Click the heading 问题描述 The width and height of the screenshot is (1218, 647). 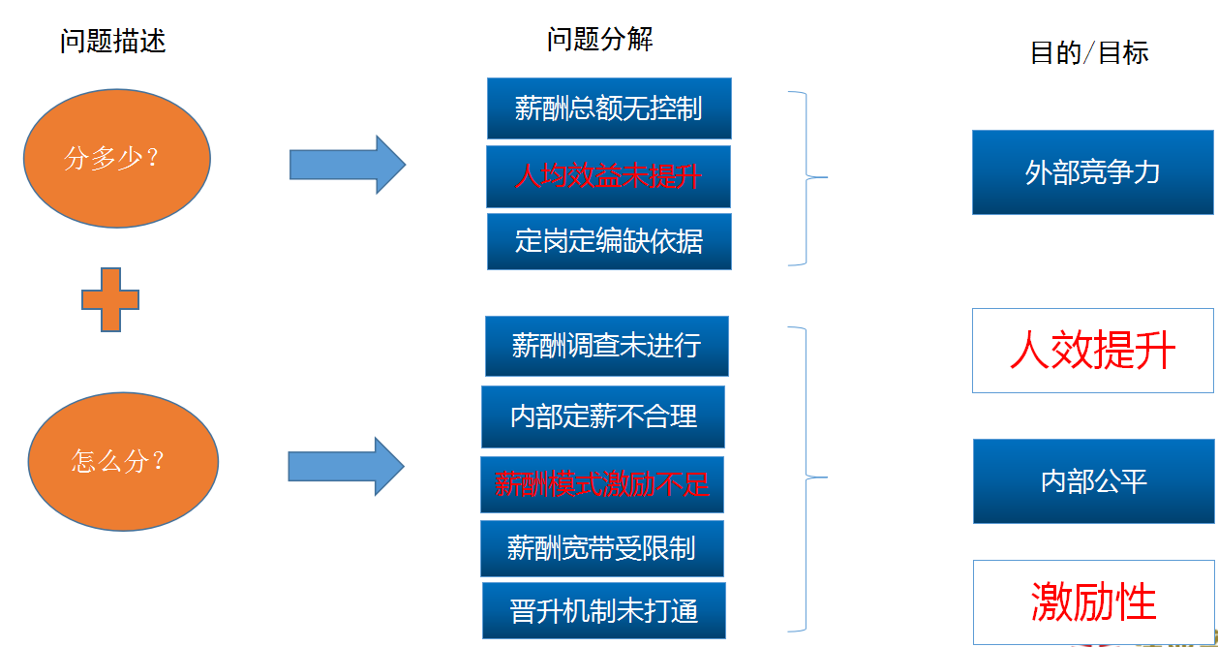(x=113, y=41)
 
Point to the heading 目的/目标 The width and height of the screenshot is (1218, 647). (x=1089, y=52)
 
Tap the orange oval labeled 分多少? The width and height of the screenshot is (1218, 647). (x=117, y=158)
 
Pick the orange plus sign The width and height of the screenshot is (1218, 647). (x=110, y=299)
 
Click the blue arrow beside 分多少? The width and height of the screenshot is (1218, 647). (x=347, y=165)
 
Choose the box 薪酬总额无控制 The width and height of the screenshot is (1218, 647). (x=608, y=108)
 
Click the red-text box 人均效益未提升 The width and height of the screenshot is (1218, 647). (x=608, y=176)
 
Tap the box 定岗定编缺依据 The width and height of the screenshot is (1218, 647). (x=608, y=241)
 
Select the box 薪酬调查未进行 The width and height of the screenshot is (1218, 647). (x=606, y=346)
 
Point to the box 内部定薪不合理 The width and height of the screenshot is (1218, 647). (x=602, y=416)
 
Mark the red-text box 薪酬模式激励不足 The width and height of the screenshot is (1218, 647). (x=601, y=484)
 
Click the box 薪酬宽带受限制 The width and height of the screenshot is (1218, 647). (x=601, y=548)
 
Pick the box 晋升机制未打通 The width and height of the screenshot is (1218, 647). (x=603, y=610)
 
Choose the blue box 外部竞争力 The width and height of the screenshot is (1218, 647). (x=1092, y=172)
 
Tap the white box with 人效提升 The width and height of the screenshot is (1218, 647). (x=1092, y=351)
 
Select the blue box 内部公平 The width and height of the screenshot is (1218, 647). (x=1092, y=481)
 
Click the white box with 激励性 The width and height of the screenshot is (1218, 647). (x=1092, y=601)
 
